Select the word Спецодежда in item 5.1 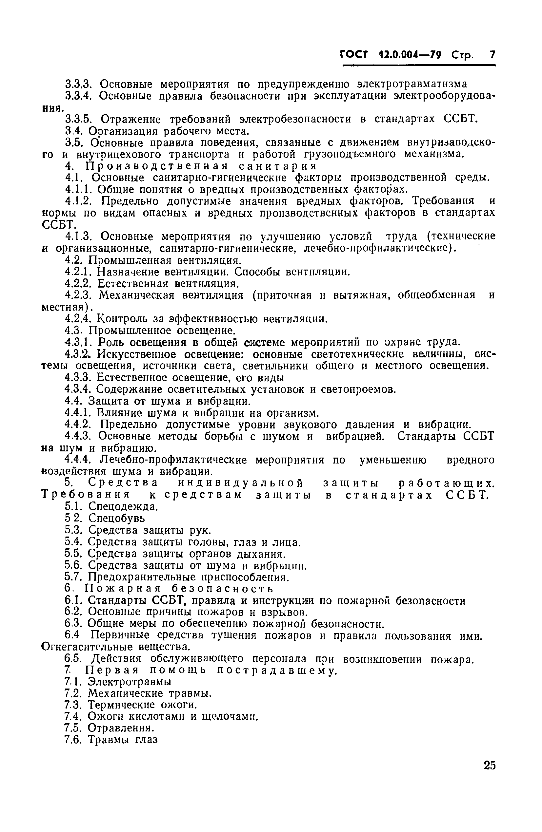pyautogui.click(x=123, y=506)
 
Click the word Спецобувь pyautogui.click(x=116, y=518)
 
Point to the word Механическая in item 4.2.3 pyautogui.click(x=136, y=295)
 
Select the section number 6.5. pyautogui.click(x=73, y=659)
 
